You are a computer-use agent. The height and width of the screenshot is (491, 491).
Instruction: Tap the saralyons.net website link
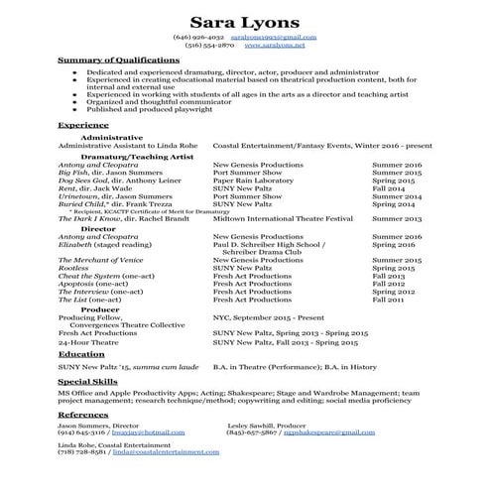tap(275, 46)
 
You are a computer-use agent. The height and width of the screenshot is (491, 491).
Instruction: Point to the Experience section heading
tap(83, 126)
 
